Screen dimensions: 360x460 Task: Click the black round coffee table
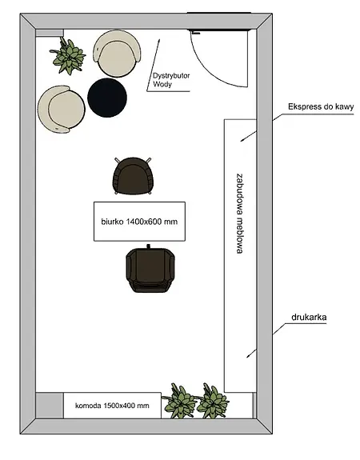pos(107,98)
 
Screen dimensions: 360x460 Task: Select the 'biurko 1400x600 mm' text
pos(139,222)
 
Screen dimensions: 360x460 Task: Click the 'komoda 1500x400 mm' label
pos(112,406)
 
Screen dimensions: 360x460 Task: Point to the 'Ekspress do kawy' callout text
pos(321,106)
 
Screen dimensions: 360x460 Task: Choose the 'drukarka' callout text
pos(309,317)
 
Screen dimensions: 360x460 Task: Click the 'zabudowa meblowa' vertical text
pos(240,214)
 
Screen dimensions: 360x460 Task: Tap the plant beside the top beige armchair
pos(68,56)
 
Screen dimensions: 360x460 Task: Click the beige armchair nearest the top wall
pos(118,54)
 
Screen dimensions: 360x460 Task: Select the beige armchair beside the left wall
pos(61,109)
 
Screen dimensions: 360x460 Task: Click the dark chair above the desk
pos(133,176)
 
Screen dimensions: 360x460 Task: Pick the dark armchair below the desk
pos(150,269)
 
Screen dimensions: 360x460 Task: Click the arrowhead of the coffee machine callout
pos(242,141)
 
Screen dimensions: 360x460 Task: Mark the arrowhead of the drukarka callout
pos(248,357)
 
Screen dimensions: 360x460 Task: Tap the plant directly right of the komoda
pos(179,401)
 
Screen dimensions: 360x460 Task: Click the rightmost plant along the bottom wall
pos(213,401)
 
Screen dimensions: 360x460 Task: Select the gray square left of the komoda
pos(50,406)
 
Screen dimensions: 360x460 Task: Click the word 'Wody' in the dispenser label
pos(162,84)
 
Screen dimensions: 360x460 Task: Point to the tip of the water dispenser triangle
pos(158,39)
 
